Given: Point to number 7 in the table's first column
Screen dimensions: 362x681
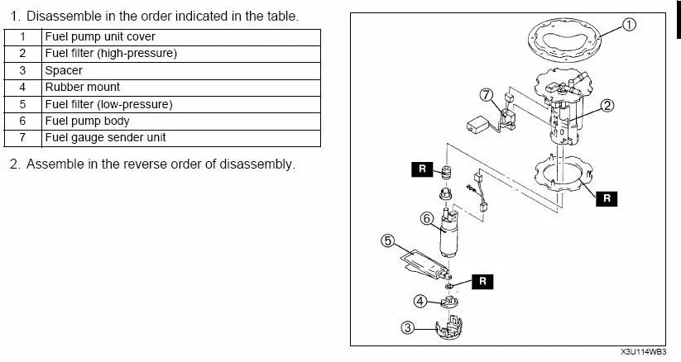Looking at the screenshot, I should (23, 137).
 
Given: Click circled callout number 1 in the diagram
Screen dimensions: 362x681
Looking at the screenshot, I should (631, 25).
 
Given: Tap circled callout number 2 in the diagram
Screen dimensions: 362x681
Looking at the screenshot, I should (607, 105).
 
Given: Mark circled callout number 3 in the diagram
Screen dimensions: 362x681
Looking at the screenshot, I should (408, 327).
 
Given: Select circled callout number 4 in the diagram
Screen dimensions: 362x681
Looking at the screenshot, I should (420, 302).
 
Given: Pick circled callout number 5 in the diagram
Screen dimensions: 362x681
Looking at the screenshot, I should (387, 241).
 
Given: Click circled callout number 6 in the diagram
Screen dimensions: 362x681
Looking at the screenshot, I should (427, 218).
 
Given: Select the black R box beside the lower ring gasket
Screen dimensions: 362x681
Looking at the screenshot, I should (607, 198).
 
